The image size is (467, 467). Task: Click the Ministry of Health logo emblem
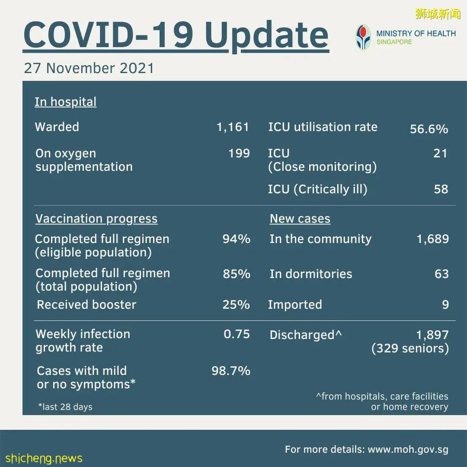click(363, 37)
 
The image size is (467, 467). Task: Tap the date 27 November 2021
click(89, 68)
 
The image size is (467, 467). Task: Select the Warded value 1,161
click(233, 127)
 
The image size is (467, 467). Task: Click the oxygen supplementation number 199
click(239, 154)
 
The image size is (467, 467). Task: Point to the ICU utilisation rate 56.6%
click(429, 129)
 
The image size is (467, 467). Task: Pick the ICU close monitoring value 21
click(440, 154)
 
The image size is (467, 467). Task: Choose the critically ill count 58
click(441, 189)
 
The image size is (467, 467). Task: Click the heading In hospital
click(65, 102)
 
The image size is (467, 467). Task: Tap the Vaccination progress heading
click(96, 219)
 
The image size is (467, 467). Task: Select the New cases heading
click(300, 219)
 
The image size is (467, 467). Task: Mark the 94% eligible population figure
click(236, 239)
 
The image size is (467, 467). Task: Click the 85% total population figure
click(237, 274)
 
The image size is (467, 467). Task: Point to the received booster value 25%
click(236, 305)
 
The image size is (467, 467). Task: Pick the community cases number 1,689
click(432, 239)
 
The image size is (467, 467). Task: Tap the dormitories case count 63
click(441, 274)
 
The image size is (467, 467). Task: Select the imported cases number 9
click(445, 305)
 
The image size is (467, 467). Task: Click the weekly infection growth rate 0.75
click(237, 334)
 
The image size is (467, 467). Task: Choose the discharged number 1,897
click(432, 335)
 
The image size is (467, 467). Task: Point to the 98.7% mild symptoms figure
click(231, 371)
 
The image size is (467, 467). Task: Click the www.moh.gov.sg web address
click(408, 450)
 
